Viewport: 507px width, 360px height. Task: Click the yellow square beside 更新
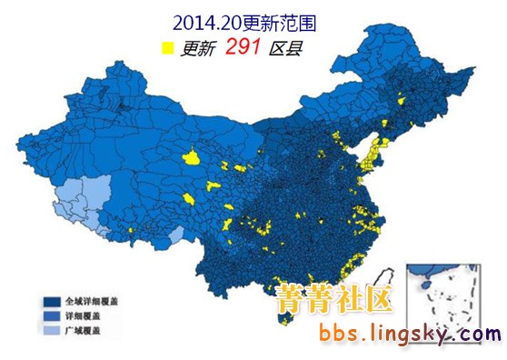pyautogui.click(x=167, y=49)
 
